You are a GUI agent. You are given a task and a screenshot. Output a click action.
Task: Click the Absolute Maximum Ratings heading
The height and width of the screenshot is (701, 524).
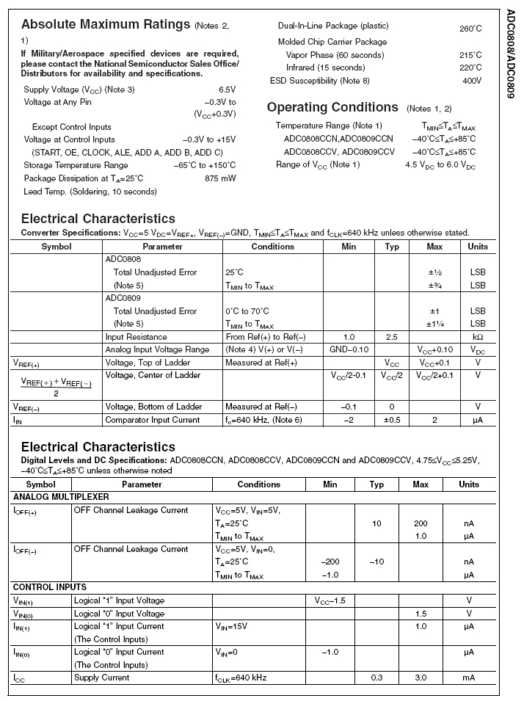[x=106, y=25]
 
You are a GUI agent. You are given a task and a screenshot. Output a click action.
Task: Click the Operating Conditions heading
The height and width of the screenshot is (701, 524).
[x=332, y=107]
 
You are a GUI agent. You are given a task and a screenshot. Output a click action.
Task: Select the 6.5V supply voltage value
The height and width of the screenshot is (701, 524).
[x=227, y=89]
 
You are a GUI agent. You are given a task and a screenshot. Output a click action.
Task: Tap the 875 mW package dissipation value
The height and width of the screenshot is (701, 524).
[x=220, y=178]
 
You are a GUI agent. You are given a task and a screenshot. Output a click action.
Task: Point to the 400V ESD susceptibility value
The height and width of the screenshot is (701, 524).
[x=472, y=81]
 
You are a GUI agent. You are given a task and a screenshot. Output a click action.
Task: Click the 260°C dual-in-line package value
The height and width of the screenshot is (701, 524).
[x=470, y=29]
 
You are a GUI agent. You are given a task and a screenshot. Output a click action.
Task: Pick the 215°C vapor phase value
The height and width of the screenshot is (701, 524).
[x=470, y=55]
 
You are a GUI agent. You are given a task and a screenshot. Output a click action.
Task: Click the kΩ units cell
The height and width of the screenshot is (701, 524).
[x=478, y=337]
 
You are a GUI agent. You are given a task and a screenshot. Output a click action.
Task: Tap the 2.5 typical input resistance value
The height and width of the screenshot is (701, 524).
[x=392, y=337]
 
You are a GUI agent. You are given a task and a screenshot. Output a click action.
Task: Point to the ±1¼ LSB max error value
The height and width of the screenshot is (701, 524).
[x=434, y=324]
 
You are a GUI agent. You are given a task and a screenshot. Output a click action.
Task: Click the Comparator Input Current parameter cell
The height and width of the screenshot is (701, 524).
[x=152, y=420]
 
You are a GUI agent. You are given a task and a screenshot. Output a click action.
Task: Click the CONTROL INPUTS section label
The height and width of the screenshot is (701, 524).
[x=50, y=587]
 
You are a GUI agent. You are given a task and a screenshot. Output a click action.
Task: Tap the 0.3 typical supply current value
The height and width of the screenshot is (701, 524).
[x=376, y=678]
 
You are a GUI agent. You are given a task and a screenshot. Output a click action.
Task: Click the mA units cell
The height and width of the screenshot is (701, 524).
[x=469, y=678]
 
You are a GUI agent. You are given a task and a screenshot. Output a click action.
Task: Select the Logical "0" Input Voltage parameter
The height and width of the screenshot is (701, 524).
[x=119, y=613]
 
